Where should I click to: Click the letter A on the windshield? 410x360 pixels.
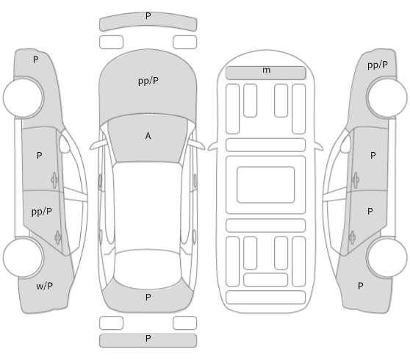pyautogui.click(x=148, y=136)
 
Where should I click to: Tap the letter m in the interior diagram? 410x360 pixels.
pyautogui.click(x=266, y=70)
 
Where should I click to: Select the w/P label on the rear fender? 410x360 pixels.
pyautogui.click(x=44, y=286)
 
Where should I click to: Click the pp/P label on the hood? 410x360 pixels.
pyautogui.click(x=148, y=81)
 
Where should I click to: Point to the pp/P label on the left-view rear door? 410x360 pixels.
pyautogui.click(x=42, y=212)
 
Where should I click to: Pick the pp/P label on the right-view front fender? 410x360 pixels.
pyautogui.click(x=378, y=65)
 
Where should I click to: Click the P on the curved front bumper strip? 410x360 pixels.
pyautogui.click(x=148, y=16)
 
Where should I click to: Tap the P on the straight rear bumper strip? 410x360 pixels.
pyautogui.click(x=148, y=338)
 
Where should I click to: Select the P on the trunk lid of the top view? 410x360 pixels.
pyautogui.click(x=148, y=297)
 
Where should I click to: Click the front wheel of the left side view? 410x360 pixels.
pyautogui.click(x=24, y=97)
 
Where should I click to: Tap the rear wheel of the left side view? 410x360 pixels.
pyautogui.click(x=24, y=258)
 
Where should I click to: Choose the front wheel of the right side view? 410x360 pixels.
pyautogui.click(x=386, y=97)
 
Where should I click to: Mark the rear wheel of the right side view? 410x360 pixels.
pyautogui.click(x=386, y=258)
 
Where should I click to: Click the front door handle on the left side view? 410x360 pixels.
pyautogui.click(x=54, y=180)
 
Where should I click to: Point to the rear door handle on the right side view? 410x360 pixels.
pyautogui.click(x=352, y=237)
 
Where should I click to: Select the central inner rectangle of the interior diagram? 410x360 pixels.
pyautogui.click(x=266, y=184)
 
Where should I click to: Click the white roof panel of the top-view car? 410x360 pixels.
pyautogui.click(x=148, y=205)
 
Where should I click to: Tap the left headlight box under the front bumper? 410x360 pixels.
pyautogui.click(x=111, y=43)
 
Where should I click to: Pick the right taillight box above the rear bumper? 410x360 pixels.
pyautogui.click(x=185, y=323)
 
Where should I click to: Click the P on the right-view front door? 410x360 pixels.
pyautogui.click(x=373, y=156)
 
